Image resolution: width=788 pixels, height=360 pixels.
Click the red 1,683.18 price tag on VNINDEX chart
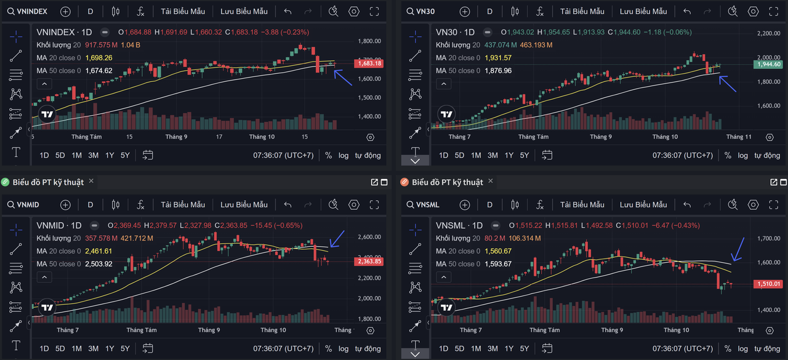pos(369,63)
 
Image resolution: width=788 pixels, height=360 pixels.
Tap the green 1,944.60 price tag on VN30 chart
pos(769,64)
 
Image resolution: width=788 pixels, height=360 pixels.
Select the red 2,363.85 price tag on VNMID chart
pos(369,262)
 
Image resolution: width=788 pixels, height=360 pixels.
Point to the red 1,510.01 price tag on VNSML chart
pos(769,284)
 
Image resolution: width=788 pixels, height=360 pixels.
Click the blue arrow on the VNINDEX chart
pos(343,78)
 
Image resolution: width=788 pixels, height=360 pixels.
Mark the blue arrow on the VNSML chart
pos(738,249)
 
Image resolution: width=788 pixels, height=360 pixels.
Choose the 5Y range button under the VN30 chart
pos(525,155)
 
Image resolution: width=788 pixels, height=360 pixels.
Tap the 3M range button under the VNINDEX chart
pos(93,155)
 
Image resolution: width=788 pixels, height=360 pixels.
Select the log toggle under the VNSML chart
pos(743,349)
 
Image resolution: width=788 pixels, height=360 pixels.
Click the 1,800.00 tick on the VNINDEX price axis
pos(369,41)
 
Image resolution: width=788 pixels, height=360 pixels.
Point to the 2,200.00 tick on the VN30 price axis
pos(769,33)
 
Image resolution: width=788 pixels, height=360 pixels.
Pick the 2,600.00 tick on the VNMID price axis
pos(369,237)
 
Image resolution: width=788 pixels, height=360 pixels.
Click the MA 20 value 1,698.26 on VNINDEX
pos(98,58)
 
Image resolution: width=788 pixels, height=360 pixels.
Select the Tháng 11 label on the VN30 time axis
pos(739,137)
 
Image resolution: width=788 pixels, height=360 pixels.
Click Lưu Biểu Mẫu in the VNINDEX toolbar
pos(244,11)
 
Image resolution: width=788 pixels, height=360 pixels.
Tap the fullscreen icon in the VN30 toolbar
pos(774,11)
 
